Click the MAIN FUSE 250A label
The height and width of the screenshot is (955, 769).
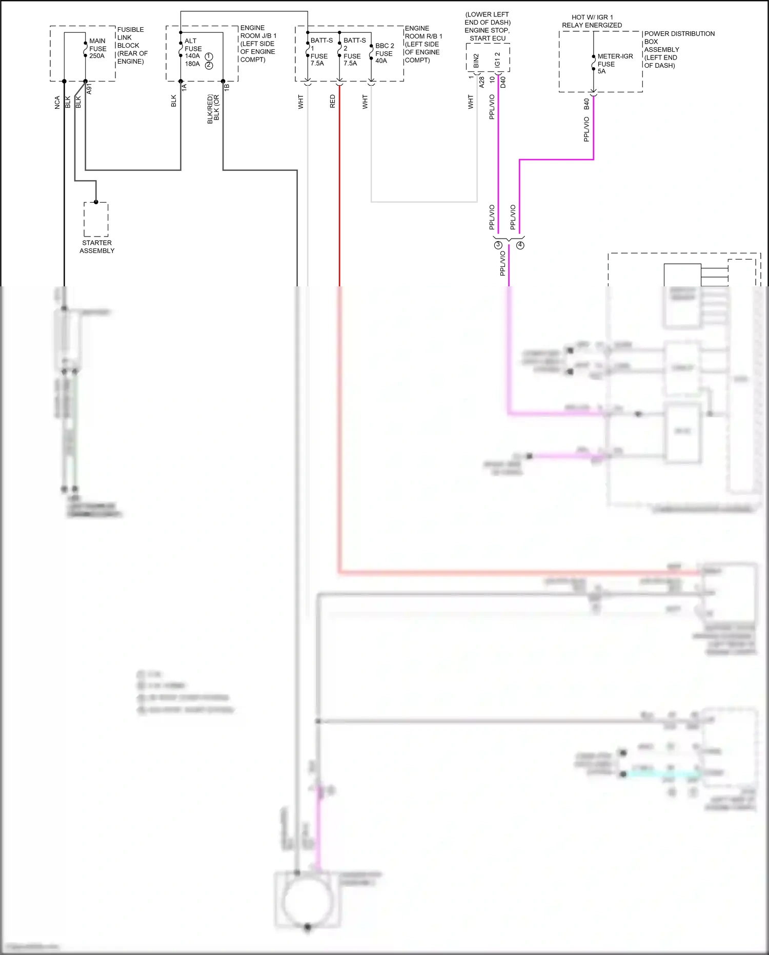click(x=97, y=48)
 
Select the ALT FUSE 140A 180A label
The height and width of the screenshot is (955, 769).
click(x=193, y=52)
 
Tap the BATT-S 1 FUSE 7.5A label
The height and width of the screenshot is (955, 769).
click(x=320, y=52)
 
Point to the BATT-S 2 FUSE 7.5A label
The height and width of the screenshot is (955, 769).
click(x=354, y=52)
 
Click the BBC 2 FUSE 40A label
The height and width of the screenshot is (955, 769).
click(x=384, y=53)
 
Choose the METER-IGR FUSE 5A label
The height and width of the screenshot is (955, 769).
click(x=614, y=64)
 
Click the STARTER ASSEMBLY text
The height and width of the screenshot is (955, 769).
click(x=97, y=247)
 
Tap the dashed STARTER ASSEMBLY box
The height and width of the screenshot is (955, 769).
click(x=96, y=220)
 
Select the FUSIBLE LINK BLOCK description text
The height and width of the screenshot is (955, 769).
click(x=132, y=46)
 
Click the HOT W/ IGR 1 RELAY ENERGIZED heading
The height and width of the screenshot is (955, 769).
click(x=592, y=21)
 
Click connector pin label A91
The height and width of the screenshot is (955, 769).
click(x=89, y=88)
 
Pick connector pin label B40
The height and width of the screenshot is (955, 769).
click(x=587, y=104)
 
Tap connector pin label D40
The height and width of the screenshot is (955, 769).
click(x=503, y=82)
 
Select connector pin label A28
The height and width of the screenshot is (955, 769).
click(x=481, y=82)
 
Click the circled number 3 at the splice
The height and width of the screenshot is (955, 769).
click(x=498, y=245)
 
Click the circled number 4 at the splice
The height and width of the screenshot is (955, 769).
click(x=520, y=245)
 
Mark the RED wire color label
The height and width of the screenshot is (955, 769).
click(x=333, y=101)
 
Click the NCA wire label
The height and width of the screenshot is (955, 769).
click(x=57, y=102)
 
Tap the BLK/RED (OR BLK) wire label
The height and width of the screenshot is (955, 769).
click(x=213, y=109)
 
